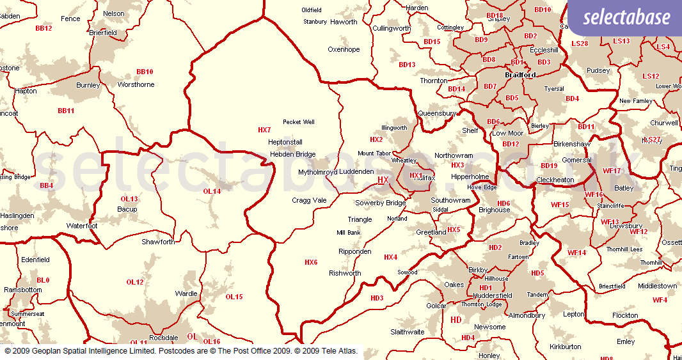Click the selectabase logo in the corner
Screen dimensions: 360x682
[625, 18]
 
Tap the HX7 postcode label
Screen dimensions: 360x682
[264, 130]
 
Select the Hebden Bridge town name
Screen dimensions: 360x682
[292, 154]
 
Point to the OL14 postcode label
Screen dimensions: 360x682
[212, 191]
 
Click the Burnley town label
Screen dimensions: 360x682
[88, 85]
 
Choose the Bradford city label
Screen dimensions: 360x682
[520, 75]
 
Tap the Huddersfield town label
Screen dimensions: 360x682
[491, 295]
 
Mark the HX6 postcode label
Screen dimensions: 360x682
[311, 262]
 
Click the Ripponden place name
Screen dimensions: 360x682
[355, 251]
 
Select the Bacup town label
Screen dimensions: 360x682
[127, 209]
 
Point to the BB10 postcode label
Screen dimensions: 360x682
[145, 72]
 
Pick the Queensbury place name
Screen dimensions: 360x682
[436, 113]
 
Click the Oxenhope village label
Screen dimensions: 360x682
[344, 49]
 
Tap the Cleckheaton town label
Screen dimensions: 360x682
[555, 180]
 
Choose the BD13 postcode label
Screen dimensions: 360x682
[407, 65]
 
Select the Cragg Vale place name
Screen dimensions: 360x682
[309, 200]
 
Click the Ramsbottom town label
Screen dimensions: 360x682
[23, 290]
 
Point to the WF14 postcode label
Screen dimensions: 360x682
[576, 253]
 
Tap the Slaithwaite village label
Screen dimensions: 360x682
[408, 332]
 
